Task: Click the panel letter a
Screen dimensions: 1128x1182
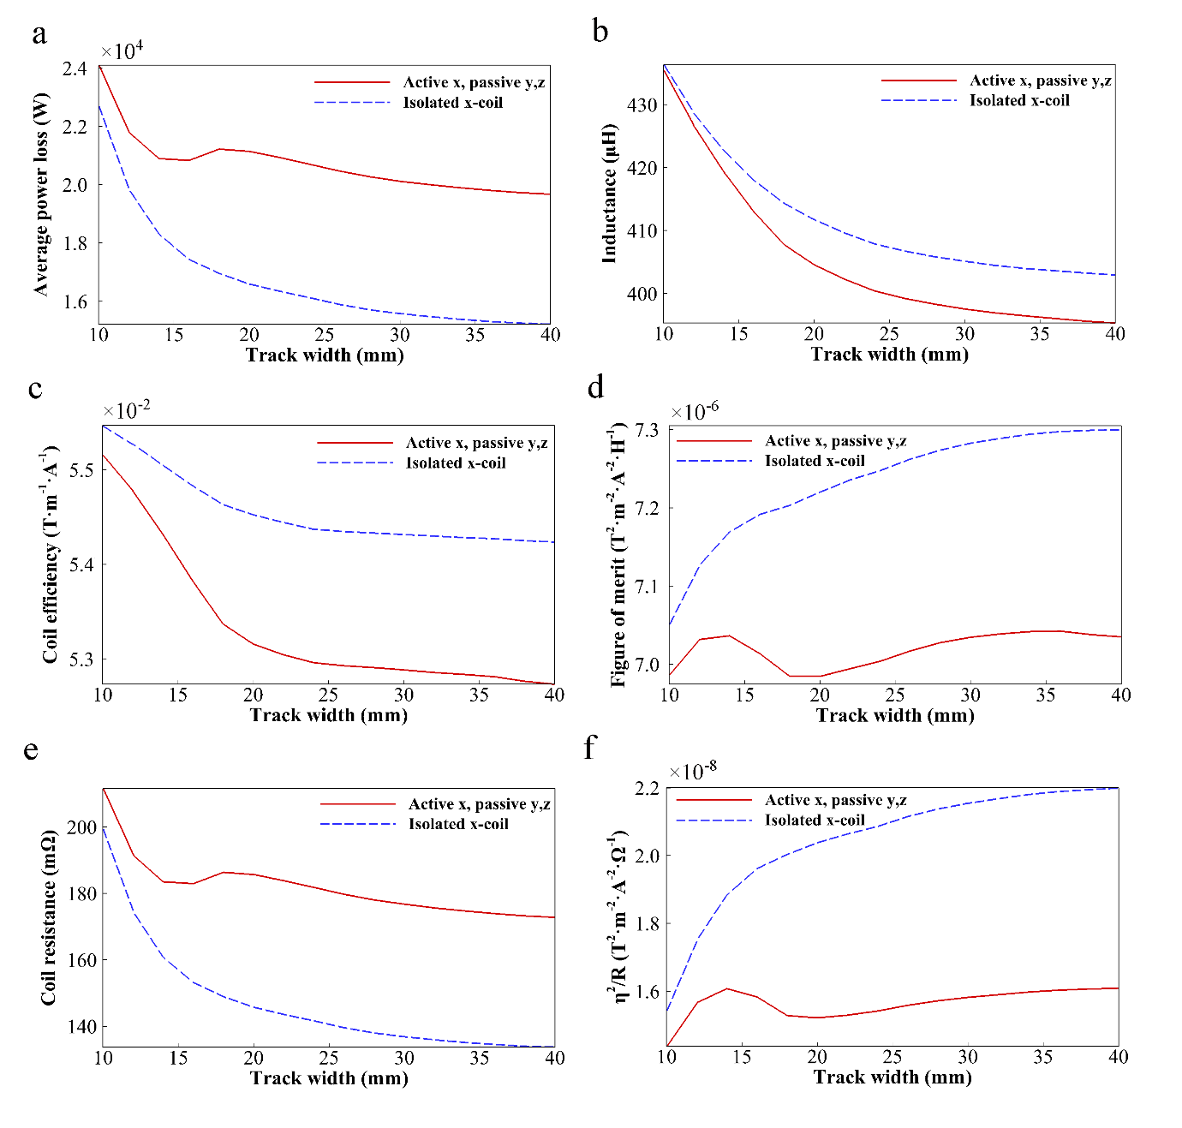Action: [39, 34]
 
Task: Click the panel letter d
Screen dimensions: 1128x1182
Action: [595, 388]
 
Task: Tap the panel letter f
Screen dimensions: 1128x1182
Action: [589, 748]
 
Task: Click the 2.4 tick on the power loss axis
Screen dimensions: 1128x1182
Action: [75, 69]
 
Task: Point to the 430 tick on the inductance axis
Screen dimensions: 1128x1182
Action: [642, 105]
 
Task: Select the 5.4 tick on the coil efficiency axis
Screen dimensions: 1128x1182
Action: [79, 564]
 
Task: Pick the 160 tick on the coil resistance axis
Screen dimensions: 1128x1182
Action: [81, 960]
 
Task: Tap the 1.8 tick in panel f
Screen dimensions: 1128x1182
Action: [648, 924]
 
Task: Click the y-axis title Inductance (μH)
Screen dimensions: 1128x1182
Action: [609, 193]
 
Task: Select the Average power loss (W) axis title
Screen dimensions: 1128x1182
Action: [41, 194]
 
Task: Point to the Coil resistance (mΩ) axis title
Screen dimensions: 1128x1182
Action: [48, 916]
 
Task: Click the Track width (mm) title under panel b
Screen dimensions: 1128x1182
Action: [889, 355]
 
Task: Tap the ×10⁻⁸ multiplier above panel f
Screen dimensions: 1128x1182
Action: [692, 771]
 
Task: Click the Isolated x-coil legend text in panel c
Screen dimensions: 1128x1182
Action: [455, 463]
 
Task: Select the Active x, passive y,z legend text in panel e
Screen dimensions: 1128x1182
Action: [479, 804]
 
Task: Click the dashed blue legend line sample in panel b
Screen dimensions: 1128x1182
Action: [918, 100]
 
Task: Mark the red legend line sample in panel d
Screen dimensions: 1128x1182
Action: [713, 441]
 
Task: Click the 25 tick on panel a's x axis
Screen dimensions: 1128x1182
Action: [325, 335]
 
